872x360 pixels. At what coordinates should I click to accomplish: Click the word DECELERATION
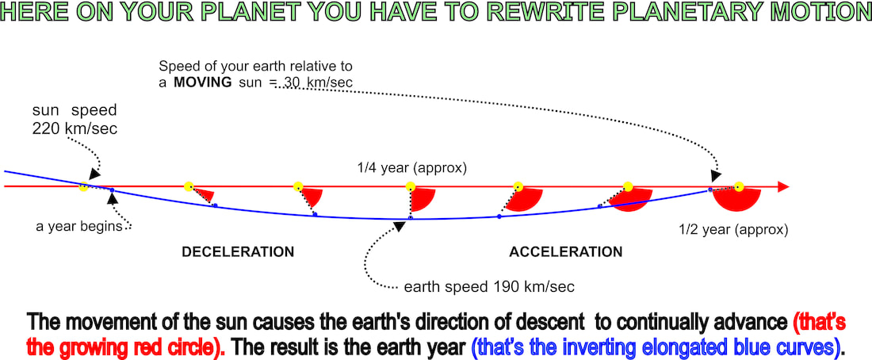click(238, 252)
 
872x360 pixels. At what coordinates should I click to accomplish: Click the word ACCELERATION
click(566, 252)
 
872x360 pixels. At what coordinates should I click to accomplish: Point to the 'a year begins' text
click(79, 227)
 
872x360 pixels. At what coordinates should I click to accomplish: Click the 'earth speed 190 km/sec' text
click(489, 287)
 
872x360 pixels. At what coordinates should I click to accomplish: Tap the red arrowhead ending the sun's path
click(783, 187)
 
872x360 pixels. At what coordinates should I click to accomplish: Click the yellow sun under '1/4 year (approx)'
click(411, 186)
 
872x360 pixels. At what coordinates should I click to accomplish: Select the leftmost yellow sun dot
click(83, 187)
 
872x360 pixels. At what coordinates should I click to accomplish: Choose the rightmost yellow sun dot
click(739, 187)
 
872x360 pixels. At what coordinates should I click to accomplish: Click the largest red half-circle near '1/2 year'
click(737, 200)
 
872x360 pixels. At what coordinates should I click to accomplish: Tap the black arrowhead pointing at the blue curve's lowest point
click(399, 226)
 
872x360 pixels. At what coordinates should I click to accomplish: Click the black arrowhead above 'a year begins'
click(113, 197)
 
